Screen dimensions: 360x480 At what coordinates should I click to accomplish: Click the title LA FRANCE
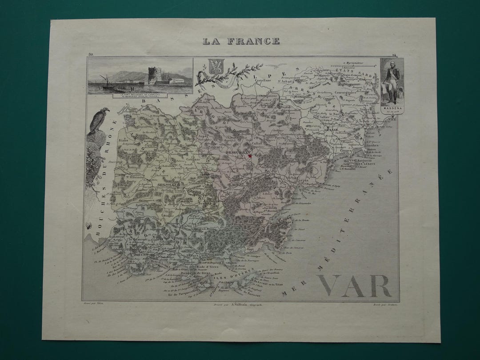pyautogui.click(x=241, y=41)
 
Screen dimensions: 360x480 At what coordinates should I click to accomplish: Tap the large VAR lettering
pyautogui.click(x=354, y=286)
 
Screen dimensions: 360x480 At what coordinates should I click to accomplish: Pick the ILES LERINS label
pyautogui.click(x=364, y=164)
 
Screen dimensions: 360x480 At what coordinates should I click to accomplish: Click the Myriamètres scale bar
pyautogui.click(x=354, y=67)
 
